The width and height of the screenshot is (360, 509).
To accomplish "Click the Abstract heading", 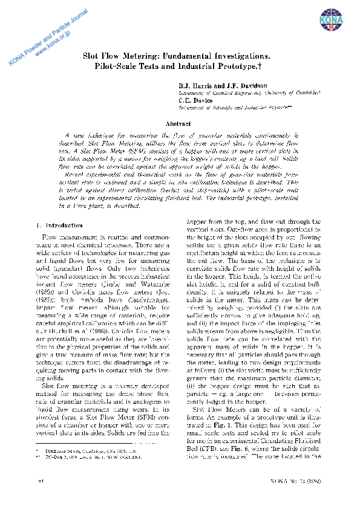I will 178,123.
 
